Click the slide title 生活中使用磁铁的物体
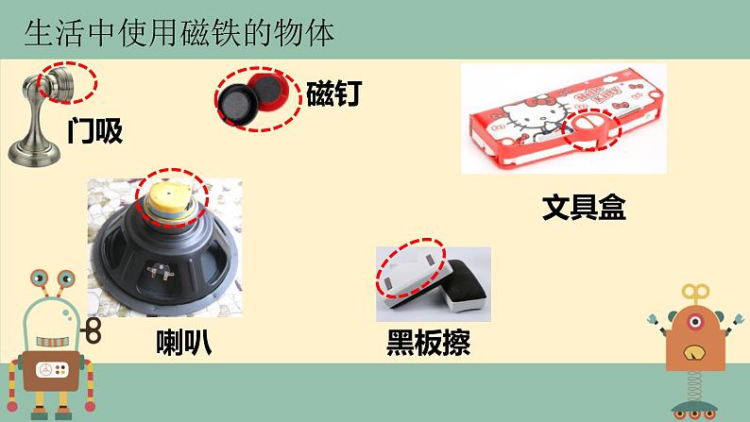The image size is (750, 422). click(179, 33)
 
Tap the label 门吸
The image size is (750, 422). click(95, 130)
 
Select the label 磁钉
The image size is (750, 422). click(333, 93)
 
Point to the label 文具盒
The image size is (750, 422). click(584, 207)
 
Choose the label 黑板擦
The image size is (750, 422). click(428, 342)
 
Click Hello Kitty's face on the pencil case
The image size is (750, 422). click(534, 116)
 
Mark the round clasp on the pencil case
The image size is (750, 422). click(591, 128)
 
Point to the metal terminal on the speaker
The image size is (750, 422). click(161, 271)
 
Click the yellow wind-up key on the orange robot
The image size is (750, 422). click(695, 294)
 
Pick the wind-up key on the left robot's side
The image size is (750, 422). click(91, 330)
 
